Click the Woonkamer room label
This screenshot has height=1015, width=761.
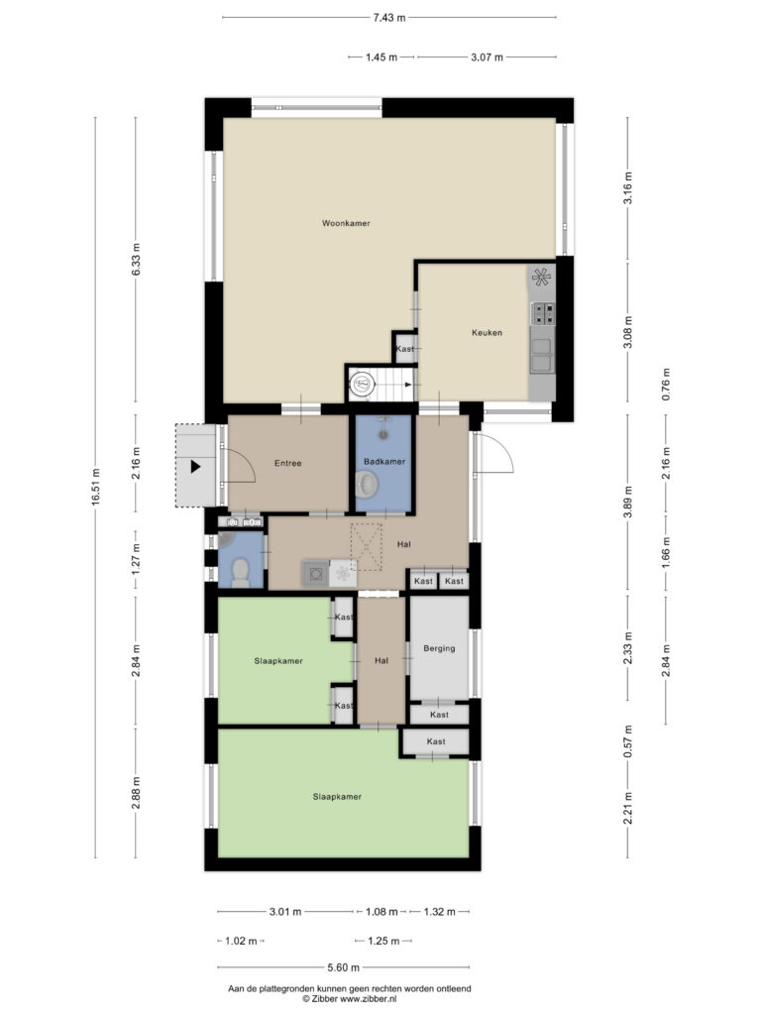tap(346, 223)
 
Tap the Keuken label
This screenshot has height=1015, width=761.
tap(487, 333)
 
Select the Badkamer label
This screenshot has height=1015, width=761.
tap(384, 462)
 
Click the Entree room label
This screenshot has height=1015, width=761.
tap(288, 464)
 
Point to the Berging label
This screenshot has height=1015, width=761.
tap(439, 648)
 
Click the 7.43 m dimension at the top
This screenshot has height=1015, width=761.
tap(388, 18)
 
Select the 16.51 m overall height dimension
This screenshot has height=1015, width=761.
tap(96, 487)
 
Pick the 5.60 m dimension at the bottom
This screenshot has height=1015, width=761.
tap(343, 967)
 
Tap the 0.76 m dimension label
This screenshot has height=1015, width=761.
tap(666, 385)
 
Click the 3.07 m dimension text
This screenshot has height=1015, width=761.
tap(487, 56)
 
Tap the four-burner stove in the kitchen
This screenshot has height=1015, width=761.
tap(542, 313)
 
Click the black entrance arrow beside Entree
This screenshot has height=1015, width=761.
tap(195, 466)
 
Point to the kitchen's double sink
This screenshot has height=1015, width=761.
tap(541, 356)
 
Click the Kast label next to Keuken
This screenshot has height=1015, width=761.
tap(405, 349)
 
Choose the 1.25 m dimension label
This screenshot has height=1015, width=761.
tap(383, 941)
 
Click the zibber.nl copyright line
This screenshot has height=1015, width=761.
tap(350, 999)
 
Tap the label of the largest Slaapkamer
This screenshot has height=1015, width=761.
tap(337, 797)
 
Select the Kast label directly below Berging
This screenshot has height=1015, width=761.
tap(439, 715)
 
